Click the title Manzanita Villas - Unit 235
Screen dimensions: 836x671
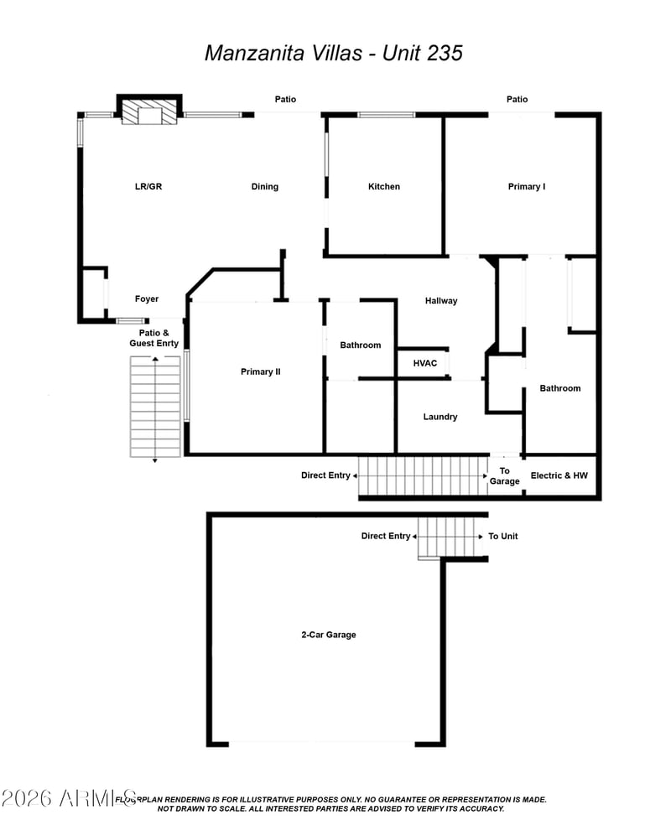[334, 53]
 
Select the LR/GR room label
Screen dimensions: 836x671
[148, 186]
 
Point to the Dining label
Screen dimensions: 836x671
[265, 186]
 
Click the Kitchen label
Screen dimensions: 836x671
[384, 186]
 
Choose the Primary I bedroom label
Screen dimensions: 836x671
[527, 186]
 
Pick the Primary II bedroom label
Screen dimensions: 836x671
[260, 371]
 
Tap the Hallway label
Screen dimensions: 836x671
[441, 301]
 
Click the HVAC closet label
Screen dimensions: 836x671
[424, 364]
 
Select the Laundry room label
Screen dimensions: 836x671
[440, 417]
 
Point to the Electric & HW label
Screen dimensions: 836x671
[559, 475]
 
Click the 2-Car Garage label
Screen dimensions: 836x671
[329, 635]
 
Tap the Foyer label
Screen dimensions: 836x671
[147, 299]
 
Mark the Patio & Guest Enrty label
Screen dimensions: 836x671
[153, 338]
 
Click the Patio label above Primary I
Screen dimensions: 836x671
[518, 99]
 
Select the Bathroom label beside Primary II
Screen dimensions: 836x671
[361, 345]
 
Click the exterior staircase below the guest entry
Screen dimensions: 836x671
[155, 408]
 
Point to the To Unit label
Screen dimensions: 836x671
[503, 536]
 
